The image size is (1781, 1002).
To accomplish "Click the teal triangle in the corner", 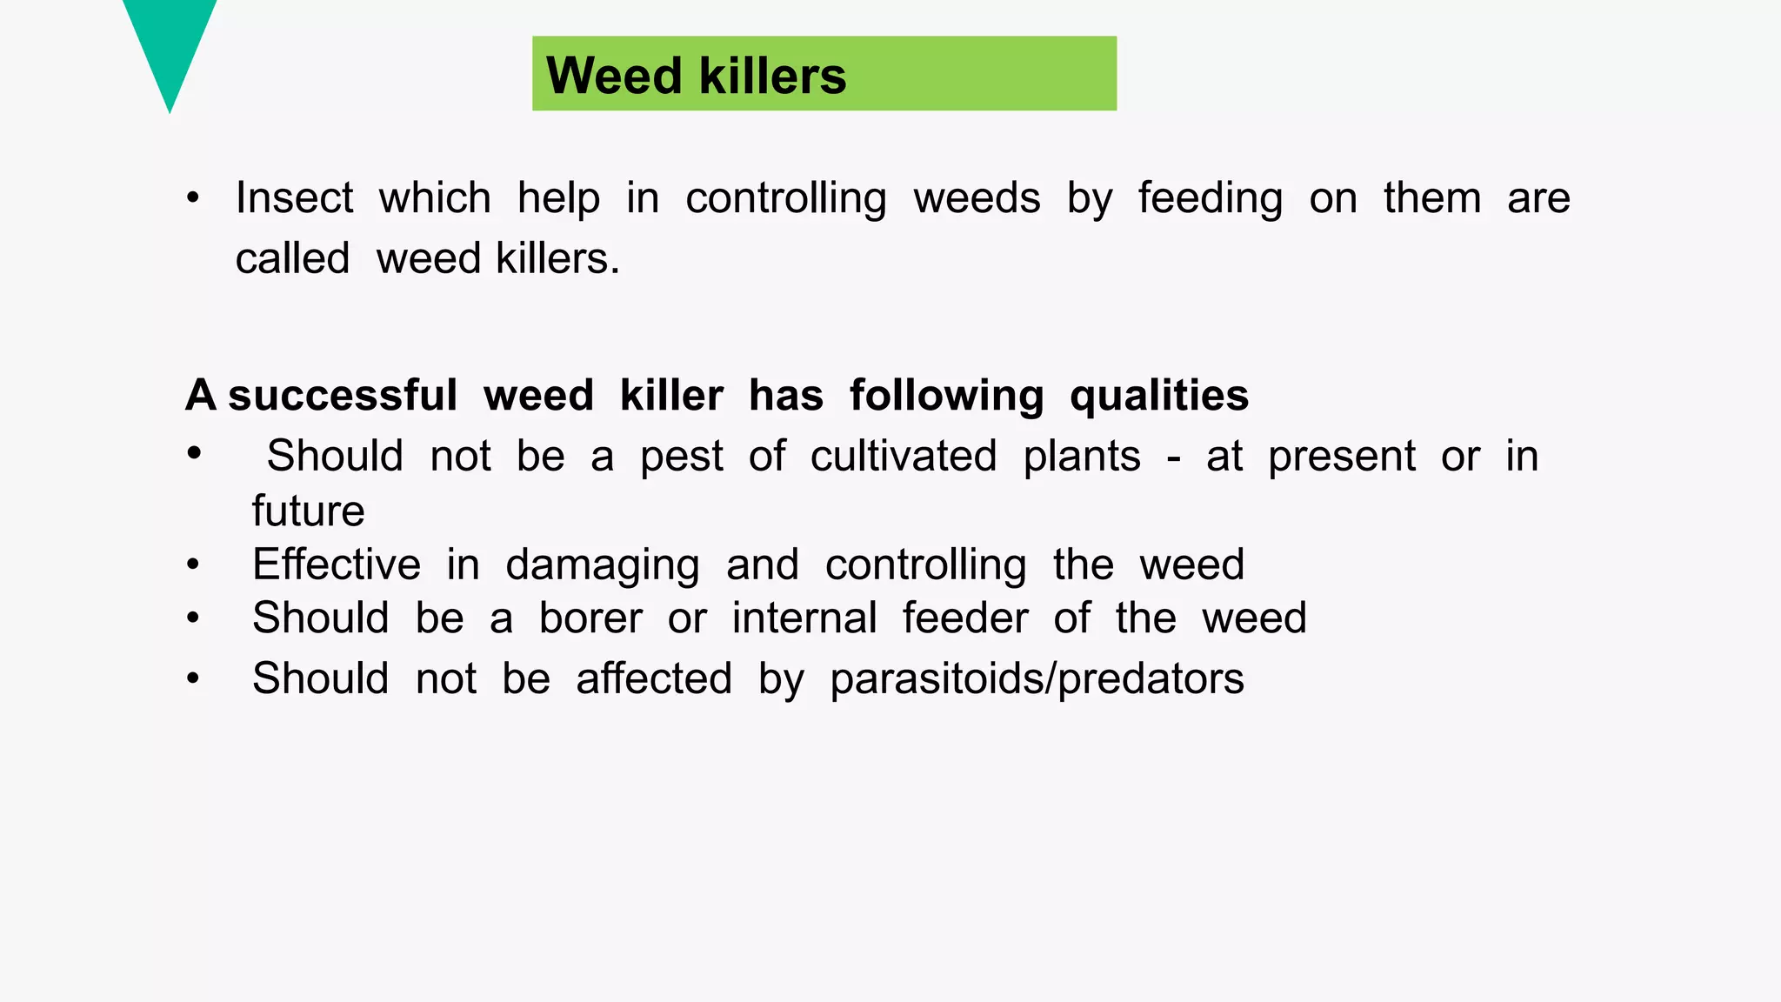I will point(170,43).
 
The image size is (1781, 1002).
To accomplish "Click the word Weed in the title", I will point(614,75).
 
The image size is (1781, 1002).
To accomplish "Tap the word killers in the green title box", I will point(772,75).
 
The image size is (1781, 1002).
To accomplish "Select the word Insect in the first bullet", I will point(294,197).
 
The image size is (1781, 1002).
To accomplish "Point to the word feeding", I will point(1210,199).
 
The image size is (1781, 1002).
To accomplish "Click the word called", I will point(292,258).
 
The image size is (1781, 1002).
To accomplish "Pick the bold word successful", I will point(342,396).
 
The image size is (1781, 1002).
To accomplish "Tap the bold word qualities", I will point(1158,397).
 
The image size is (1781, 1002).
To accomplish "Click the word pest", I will point(681,457).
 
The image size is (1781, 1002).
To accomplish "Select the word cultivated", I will point(903,456).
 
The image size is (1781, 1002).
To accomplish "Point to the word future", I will point(308,511).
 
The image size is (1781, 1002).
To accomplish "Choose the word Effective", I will point(337,564).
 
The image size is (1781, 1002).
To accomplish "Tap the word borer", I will point(590,618).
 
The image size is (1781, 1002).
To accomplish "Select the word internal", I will point(804,618).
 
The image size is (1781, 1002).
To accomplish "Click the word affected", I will point(654,678).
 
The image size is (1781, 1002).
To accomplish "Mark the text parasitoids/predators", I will point(1037,678).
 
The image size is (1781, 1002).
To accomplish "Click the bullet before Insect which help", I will point(193,198).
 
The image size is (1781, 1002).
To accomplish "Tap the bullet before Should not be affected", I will point(193,678).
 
